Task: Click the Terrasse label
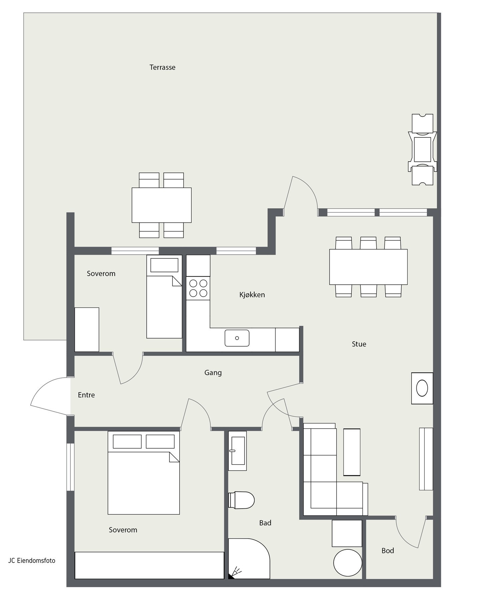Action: (x=162, y=67)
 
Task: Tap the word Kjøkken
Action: (x=252, y=295)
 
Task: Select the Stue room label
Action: (x=359, y=344)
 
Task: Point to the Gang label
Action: (x=213, y=373)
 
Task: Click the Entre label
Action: (x=86, y=395)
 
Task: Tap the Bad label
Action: (x=265, y=523)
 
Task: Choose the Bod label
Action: (x=388, y=551)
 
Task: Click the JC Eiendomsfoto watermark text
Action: (x=32, y=561)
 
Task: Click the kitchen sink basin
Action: (x=237, y=338)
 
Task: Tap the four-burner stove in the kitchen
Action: (x=198, y=288)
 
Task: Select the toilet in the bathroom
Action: (x=241, y=500)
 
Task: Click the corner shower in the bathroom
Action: (x=249, y=559)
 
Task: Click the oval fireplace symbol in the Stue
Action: (x=422, y=388)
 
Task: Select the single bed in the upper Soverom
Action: (x=164, y=297)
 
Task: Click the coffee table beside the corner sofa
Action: (x=352, y=452)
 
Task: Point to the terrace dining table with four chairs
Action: (x=161, y=205)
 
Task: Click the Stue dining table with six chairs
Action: (x=368, y=267)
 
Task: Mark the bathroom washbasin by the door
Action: (x=237, y=451)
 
